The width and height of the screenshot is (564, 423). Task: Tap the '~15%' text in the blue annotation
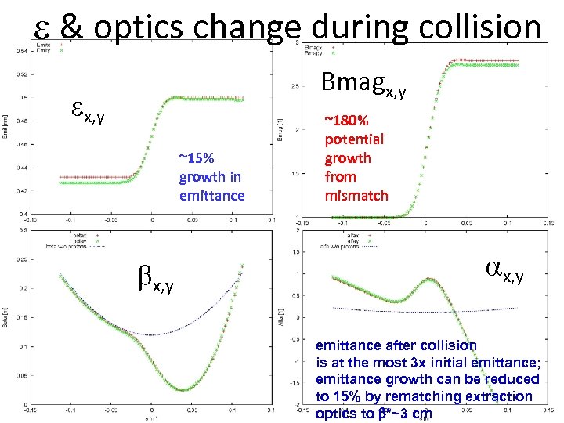point(194,157)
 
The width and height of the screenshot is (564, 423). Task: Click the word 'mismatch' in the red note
point(356,195)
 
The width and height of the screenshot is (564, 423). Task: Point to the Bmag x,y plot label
point(375,82)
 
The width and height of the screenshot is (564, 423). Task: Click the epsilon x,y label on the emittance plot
point(89,117)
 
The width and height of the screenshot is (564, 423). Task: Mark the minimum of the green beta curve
point(182,389)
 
